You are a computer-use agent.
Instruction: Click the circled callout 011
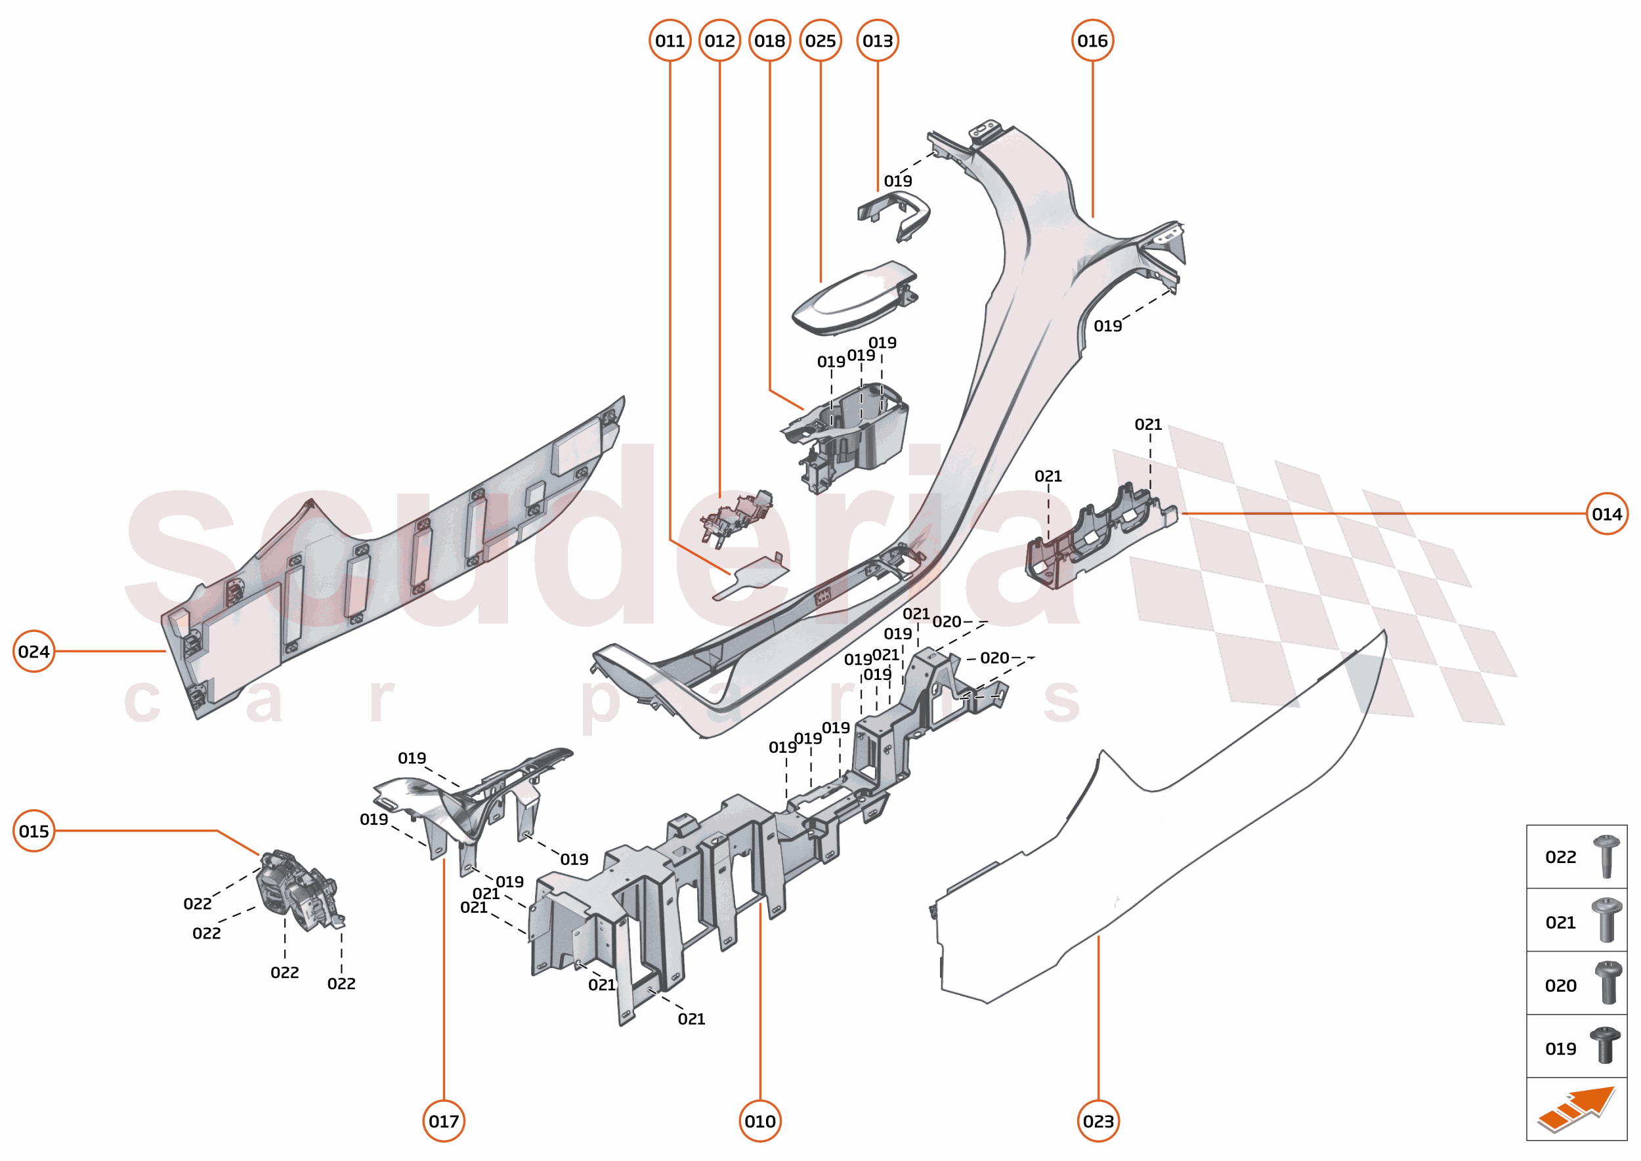(670, 41)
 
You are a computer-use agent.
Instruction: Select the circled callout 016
(1092, 41)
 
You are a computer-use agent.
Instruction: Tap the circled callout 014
(1606, 514)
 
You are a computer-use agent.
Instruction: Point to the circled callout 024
(33, 651)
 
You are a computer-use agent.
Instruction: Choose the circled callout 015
(33, 831)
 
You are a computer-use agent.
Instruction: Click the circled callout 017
(443, 1121)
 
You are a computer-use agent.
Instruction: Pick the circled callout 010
(759, 1121)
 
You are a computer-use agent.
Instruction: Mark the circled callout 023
(1098, 1121)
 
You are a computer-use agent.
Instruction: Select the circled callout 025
(820, 41)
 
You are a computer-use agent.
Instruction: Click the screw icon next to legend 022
(1606, 856)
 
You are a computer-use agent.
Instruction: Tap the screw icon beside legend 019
(1604, 1046)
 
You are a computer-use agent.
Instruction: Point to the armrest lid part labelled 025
(851, 301)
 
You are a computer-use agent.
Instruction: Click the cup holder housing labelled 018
(851, 436)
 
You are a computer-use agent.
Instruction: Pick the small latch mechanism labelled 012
(736, 515)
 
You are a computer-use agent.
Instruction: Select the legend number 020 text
(1560, 986)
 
